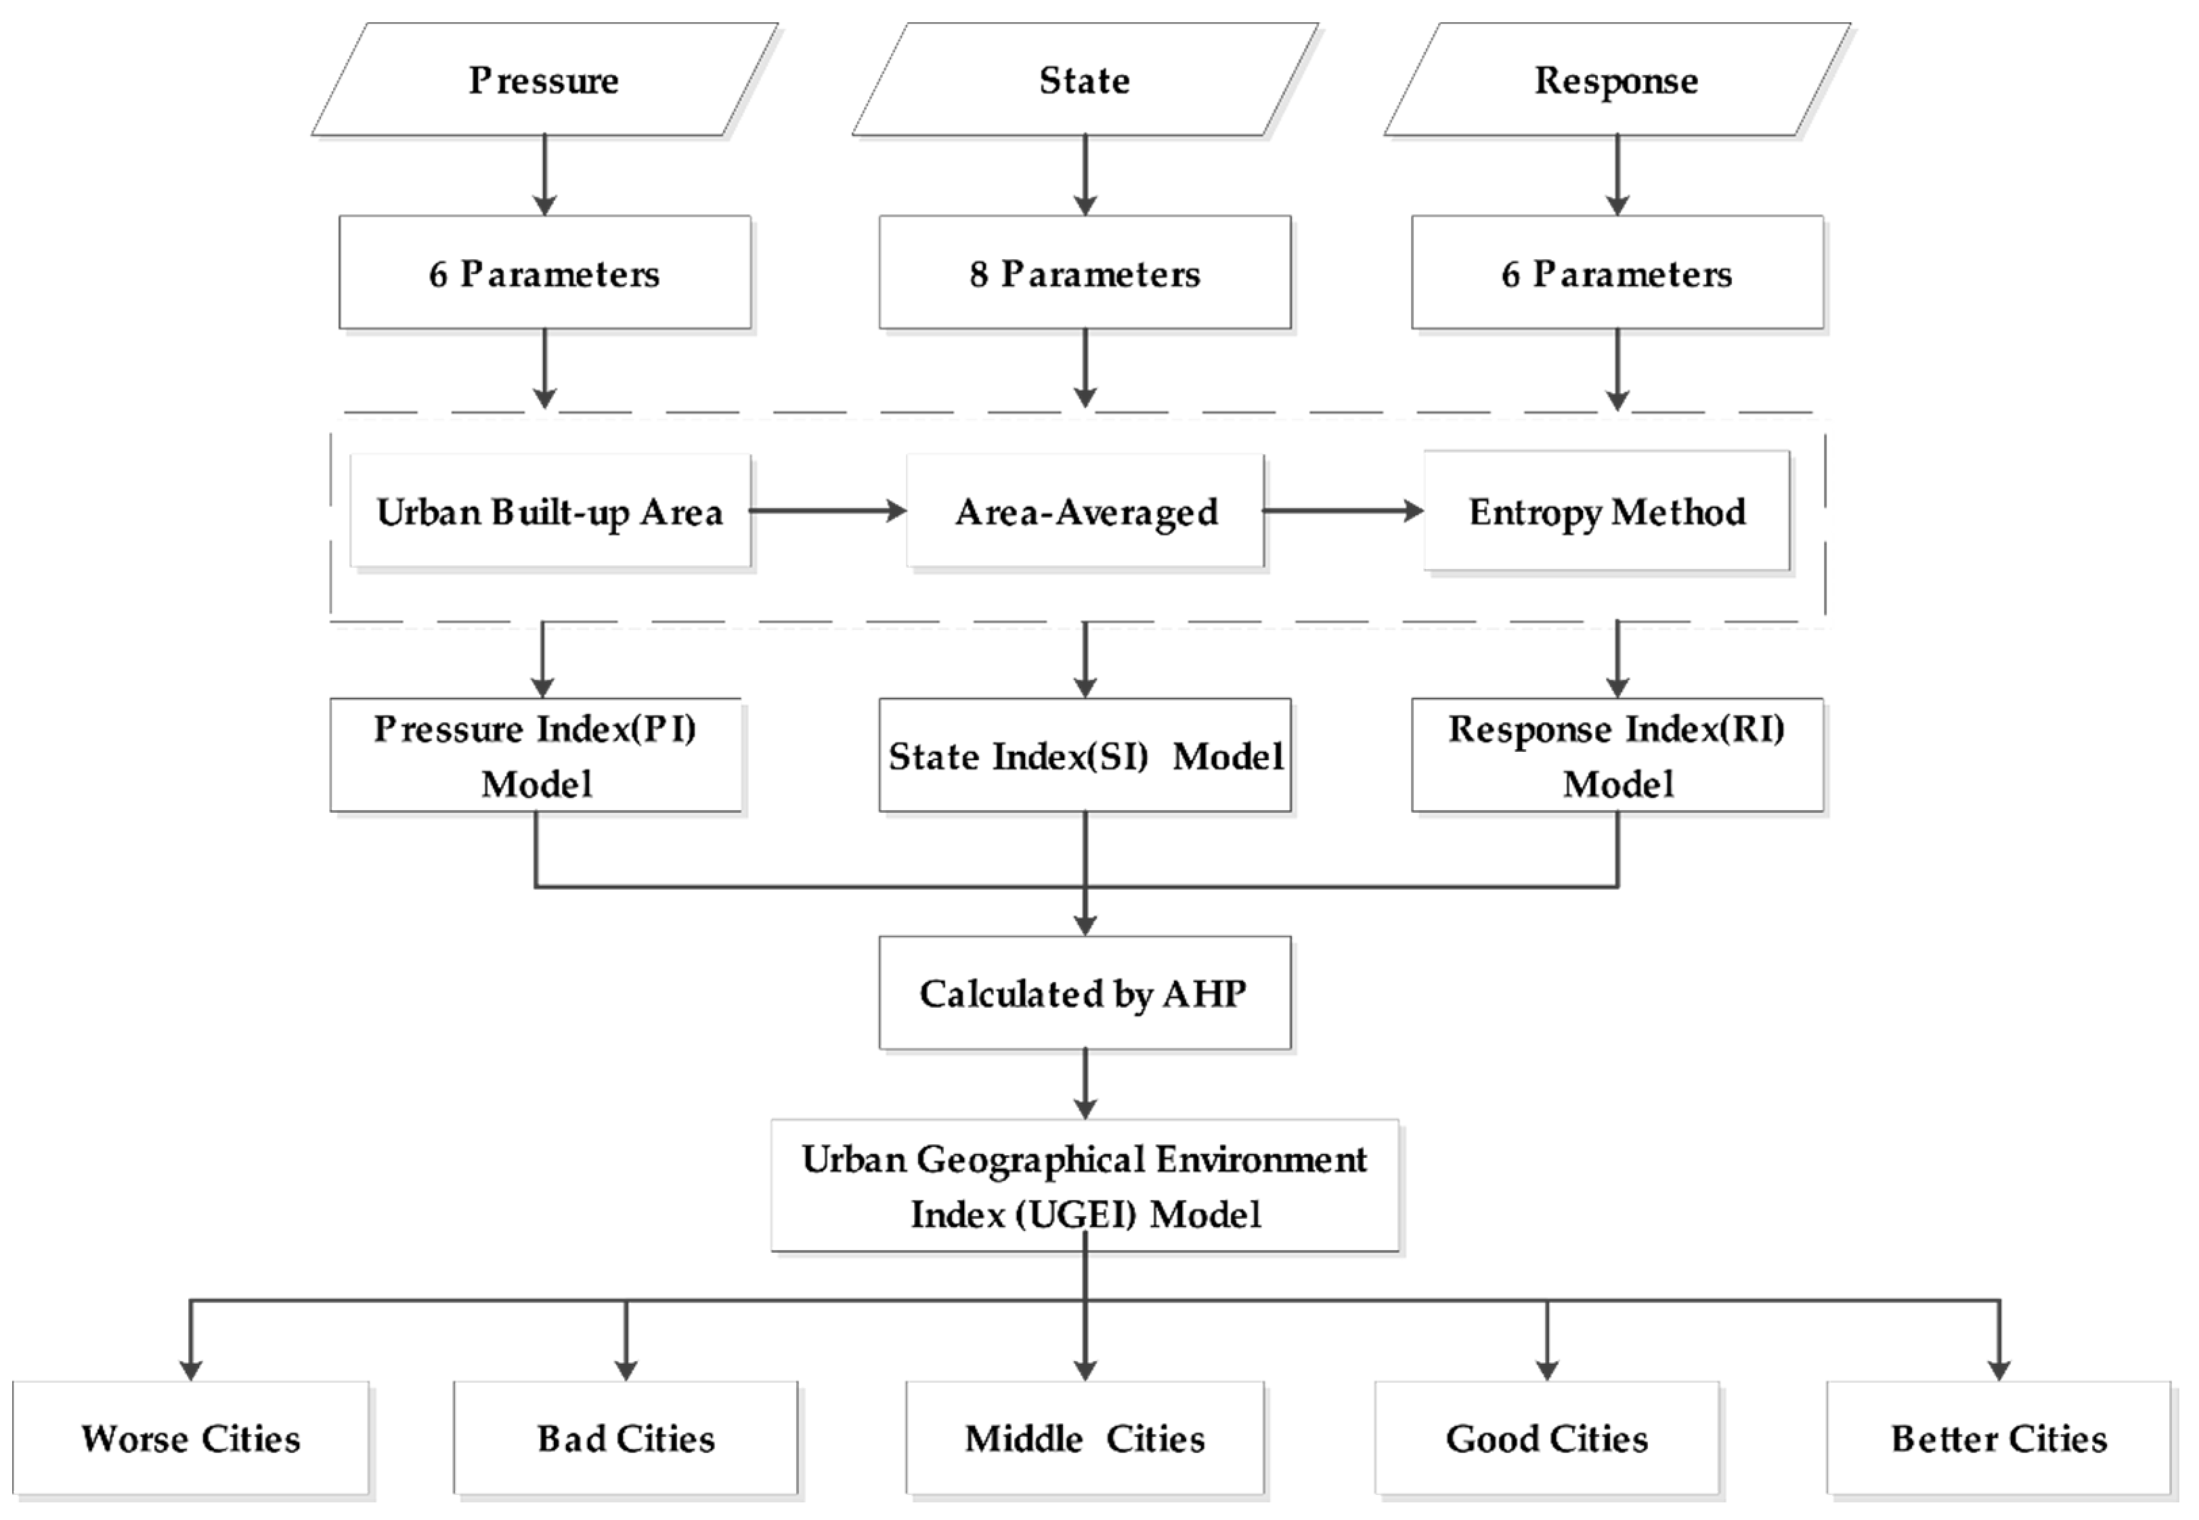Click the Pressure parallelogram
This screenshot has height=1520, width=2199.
tap(544, 80)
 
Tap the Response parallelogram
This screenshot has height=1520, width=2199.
tap(1616, 80)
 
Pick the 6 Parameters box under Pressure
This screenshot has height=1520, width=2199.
tap(544, 273)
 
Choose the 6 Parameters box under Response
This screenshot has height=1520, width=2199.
tap(1616, 273)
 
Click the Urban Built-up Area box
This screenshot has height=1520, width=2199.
tap(550, 512)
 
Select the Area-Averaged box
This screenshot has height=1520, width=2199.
tap(1085, 512)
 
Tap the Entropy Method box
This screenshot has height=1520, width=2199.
tap(1607, 512)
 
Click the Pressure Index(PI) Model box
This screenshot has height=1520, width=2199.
tap(536, 755)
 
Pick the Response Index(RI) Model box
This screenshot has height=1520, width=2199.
tap(1616, 755)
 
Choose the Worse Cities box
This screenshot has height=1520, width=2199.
tap(190, 1438)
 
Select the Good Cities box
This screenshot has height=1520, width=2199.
tap(1546, 1438)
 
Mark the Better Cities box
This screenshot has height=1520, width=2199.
tap(1998, 1438)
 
